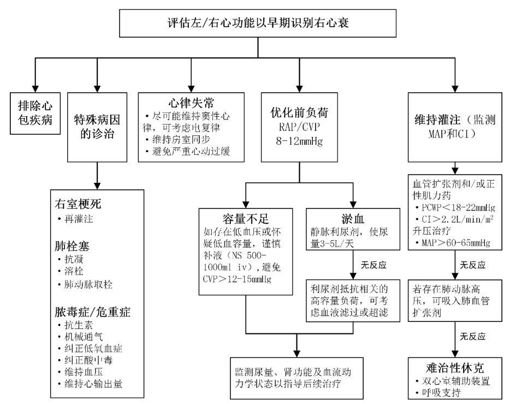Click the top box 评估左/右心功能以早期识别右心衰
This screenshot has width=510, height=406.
tap(258, 23)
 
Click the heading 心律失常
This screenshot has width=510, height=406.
tap(192, 101)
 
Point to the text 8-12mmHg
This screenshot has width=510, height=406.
tap(299, 140)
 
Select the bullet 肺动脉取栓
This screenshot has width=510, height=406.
tap(90, 284)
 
